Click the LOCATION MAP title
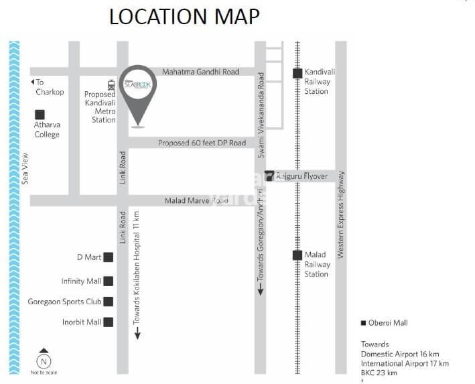click(184, 17)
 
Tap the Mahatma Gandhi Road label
click(201, 71)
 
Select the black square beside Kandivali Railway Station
click(297, 74)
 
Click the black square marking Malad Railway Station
click(297, 255)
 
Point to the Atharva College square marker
click(41, 115)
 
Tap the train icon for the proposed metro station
click(111, 84)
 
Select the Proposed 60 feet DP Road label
click(202, 143)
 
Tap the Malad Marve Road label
click(196, 200)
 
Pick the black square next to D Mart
click(108, 257)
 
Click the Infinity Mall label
click(81, 281)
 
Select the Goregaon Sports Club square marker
click(108, 302)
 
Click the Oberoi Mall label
click(388, 323)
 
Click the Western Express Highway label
click(341, 214)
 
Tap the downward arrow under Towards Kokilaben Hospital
click(137, 333)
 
